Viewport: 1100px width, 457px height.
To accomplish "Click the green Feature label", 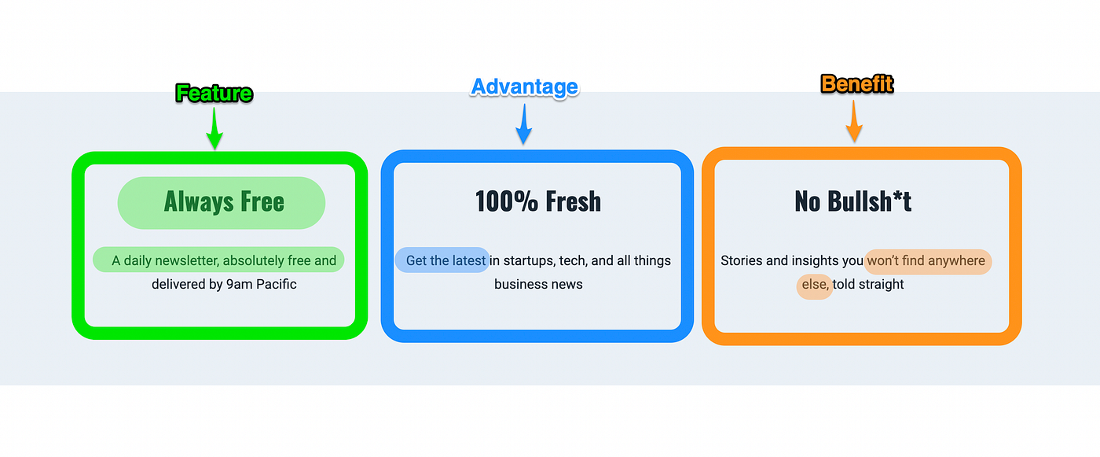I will click(214, 94).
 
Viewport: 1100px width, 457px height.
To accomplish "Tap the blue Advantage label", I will click(524, 87).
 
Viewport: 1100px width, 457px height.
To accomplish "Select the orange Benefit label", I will click(856, 83).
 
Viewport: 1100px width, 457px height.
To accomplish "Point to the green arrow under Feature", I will click(214, 130).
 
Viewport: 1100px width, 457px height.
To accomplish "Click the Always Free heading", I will click(224, 202).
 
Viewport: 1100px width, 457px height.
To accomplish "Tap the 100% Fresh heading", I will click(537, 201).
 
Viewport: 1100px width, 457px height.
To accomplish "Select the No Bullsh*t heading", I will click(852, 201).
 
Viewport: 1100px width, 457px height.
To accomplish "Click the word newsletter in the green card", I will click(185, 260).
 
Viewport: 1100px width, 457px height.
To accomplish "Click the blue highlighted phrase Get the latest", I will click(445, 260).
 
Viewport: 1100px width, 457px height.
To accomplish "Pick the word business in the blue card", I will click(519, 284).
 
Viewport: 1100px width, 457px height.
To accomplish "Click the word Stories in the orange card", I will click(742, 260).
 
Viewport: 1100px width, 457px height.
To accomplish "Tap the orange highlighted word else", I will click(815, 284).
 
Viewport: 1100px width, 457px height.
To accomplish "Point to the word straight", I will click(881, 284).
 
